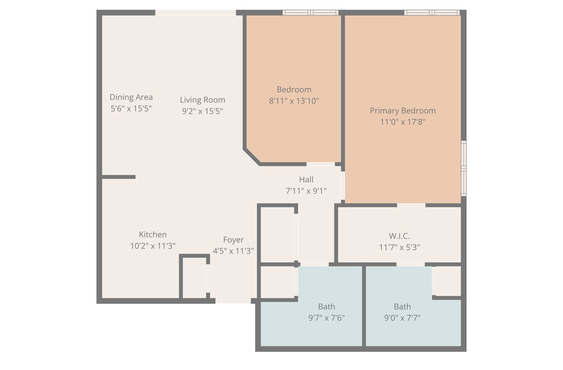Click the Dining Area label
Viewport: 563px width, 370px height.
(x=131, y=97)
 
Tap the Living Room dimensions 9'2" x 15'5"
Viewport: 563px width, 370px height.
(x=202, y=111)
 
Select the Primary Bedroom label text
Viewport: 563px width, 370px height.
(x=402, y=111)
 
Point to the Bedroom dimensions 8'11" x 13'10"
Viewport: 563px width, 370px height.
(x=294, y=101)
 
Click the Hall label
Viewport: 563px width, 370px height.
(x=306, y=179)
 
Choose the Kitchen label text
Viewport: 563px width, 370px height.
(x=153, y=234)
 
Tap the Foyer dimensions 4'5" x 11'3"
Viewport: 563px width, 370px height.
(x=233, y=251)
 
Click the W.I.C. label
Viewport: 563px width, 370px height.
(x=399, y=236)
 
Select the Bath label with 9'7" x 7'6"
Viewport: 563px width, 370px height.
(x=327, y=307)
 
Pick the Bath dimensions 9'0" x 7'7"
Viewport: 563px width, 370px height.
(x=402, y=318)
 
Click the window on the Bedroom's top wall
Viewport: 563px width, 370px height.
(x=310, y=13)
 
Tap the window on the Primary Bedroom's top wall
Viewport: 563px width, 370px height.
(x=432, y=13)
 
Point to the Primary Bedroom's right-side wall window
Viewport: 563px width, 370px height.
(x=464, y=168)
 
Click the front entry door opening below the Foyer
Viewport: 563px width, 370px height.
(x=233, y=301)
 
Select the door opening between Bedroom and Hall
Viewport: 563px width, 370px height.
(x=321, y=164)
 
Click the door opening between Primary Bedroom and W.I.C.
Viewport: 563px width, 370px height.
(x=411, y=206)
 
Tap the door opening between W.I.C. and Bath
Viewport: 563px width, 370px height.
(x=410, y=264)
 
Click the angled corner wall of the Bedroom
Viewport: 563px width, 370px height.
(x=252, y=157)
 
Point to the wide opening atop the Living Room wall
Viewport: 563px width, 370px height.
(x=195, y=13)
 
